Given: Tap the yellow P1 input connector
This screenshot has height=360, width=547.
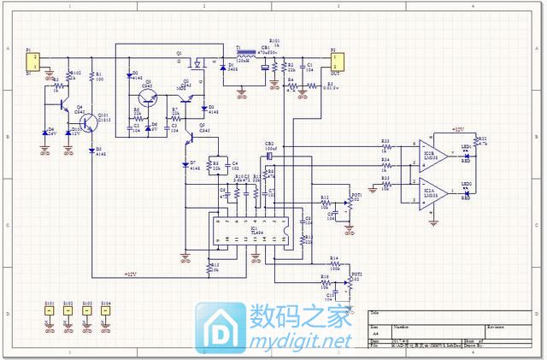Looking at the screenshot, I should click(x=35, y=61).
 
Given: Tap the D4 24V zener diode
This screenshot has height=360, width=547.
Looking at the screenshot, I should click(x=45, y=133).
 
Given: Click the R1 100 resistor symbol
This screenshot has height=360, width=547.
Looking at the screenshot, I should click(x=93, y=80).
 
